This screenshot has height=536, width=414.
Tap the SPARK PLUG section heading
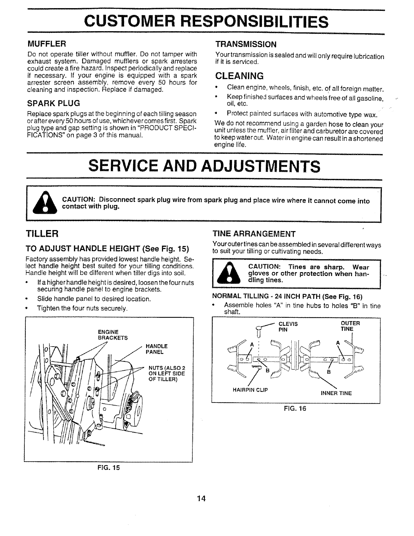54,103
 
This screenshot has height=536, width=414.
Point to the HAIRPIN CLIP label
250,390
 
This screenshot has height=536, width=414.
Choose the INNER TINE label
336,393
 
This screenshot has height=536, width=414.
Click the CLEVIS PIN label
288,327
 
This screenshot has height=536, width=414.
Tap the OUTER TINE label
350,326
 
